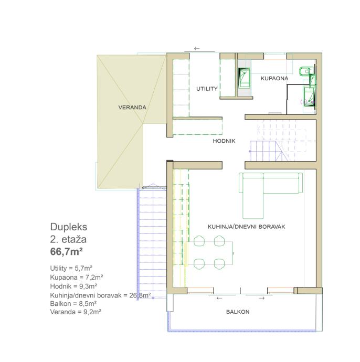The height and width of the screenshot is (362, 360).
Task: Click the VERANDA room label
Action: [x=132, y=108]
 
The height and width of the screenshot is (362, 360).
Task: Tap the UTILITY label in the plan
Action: [x=207, y=89]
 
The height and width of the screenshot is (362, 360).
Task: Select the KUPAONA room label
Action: [x=274, y=79]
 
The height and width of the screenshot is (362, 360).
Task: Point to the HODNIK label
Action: [x=224, y=141]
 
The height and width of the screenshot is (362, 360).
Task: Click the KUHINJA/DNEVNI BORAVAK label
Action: [x=247, y=227]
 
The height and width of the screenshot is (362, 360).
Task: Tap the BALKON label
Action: [x=238, y=312]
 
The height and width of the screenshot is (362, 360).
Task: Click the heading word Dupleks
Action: [x=69, y=227]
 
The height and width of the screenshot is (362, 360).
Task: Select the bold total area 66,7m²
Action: [x=67, y=252]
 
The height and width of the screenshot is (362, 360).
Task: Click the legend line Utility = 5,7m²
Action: [x=71, y=268]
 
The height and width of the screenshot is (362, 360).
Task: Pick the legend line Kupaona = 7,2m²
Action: [x=77, y=277]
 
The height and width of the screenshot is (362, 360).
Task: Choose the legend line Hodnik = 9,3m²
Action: [x=73, y=286]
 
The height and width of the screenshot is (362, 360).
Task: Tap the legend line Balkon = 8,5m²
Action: [x=73, y=303]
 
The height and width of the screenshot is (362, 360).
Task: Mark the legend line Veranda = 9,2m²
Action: [x=76, y=312]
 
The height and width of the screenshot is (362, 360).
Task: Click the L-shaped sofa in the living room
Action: [x=270, y=185]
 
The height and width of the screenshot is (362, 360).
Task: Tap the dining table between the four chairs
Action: [x=209, y=253]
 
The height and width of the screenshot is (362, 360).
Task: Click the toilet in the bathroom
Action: [x=306, y=71]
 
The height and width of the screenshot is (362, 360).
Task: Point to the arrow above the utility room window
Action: [x=197, y=48]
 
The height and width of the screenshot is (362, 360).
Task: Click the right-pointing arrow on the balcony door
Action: [x=262, y=299]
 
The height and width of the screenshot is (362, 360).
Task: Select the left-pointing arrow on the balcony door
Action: [x=219, y=299]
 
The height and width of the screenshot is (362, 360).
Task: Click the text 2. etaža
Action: [x=68, y=239]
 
